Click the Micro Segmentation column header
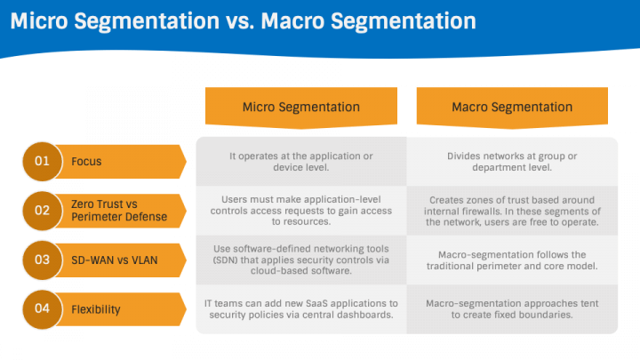[301, 107]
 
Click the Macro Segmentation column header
[512, 107]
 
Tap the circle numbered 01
[42, 161]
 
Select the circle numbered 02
[42, 211]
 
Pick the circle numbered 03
[42, 260]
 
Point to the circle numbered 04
[42, 309]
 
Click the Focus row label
[86, 162]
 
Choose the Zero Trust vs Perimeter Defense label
[119, 210]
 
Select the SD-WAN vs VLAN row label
[115, 260]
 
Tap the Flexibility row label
[95, 309]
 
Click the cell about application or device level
[301, 162]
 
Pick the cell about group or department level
[512, 162]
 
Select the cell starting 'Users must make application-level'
[301, 211]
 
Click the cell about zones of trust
[512, 211]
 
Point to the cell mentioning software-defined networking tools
[301, 260]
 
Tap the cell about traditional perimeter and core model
[512, 260]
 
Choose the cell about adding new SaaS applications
[301, 309]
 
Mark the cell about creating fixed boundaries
[512, 309]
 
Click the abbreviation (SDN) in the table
[225, 260]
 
